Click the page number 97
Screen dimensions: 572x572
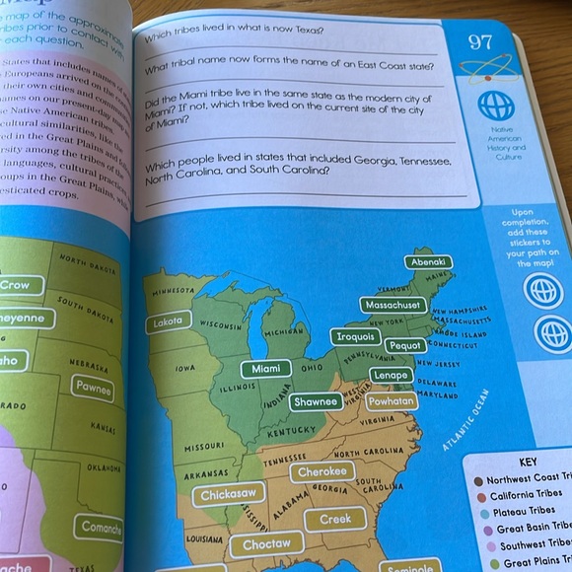(x=480, y=42)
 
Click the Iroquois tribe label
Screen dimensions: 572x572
(x=355, y=336)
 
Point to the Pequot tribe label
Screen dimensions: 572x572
(x=406, y=346)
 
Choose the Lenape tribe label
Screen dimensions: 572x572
(x=394, y=376)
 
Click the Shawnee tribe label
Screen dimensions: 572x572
(x=317, y=401)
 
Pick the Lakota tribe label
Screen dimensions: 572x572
(x=168, y=322)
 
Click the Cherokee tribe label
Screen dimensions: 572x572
(x=322, y=471)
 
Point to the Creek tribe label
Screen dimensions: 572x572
(x=335, y=519)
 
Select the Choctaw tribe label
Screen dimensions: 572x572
(x=266, y=543)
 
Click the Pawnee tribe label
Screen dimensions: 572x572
(x=92, y=389)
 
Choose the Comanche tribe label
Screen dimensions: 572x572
(x=102, y=527)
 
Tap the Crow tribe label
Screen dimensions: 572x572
(x=18, y=285)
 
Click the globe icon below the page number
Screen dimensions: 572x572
(x=496, y=107)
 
